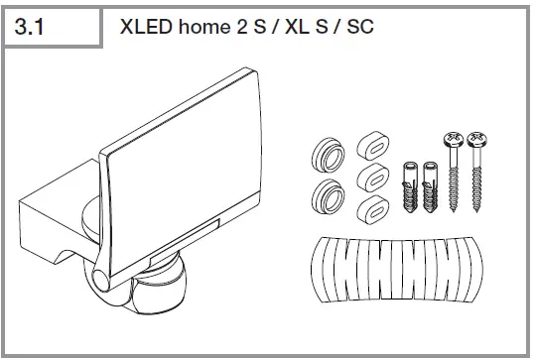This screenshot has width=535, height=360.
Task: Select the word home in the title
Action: click(x=205, y=27)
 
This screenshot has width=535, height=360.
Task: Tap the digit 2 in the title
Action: click(x=244, y=27)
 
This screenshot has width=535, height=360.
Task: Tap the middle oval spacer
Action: click(x=370, y=179)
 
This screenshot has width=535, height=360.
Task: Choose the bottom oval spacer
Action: click(x=369, y=212)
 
